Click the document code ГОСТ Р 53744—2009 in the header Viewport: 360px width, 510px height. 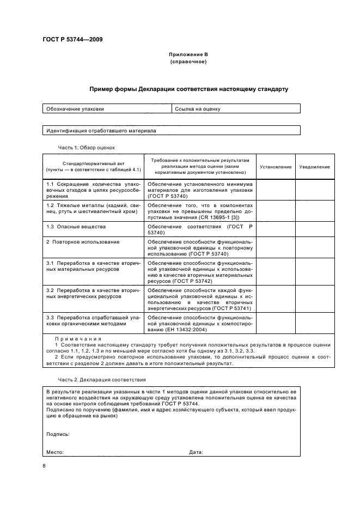72,39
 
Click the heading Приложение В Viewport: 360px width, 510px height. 188,55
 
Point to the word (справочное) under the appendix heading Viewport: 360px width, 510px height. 188,62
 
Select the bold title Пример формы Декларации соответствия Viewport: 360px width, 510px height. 189,89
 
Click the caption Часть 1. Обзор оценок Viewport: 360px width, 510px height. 87,147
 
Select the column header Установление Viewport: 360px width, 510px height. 275,167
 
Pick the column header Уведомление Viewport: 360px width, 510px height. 314,167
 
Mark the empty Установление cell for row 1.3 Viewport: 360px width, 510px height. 275,229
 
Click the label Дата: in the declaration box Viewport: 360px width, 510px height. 196,452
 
